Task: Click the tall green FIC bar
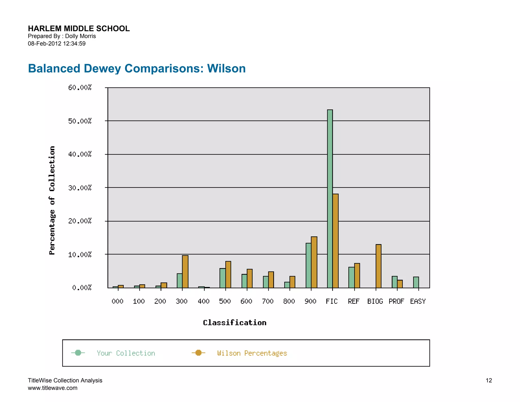click(330, 198)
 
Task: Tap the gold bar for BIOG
click(378, 266)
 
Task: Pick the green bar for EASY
click(416, 282)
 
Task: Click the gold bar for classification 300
click(185, 271)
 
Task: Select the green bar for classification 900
click(308, 265)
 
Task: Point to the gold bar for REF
click(357, 275)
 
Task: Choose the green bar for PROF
click(395, 282)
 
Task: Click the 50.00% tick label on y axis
click(80, 121)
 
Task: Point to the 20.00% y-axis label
click(80, 221)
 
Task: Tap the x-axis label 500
click(225, 301)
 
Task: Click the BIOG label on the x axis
click(375, 301)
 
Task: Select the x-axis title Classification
click(235, 323)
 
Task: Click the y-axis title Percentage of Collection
click(52, 200)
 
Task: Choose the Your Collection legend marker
click(78, 353)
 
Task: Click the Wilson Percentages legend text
click(252, 353)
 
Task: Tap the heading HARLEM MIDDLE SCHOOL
click(79, 28)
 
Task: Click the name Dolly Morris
click(80, 36)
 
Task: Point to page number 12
click(489, 380)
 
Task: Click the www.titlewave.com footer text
click(53, 388)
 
